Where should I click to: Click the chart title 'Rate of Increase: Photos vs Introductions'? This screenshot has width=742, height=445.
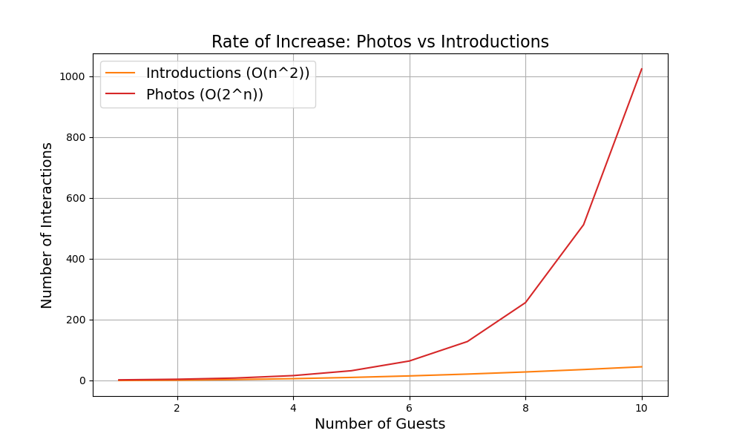(x=380, y=42)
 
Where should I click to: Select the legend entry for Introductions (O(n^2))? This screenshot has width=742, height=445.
(x=227, y=73)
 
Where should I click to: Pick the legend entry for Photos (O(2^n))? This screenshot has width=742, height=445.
(x=204, y=94)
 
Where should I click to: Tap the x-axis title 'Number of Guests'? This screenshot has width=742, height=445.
(x=380, y=424)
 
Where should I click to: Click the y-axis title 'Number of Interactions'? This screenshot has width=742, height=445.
(x=47, y=225)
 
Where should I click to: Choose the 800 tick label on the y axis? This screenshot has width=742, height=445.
(x=76, y=137)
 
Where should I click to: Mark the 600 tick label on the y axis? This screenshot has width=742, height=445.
(x=76, y=198)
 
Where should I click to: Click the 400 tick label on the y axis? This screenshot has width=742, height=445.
(x=76, y=259)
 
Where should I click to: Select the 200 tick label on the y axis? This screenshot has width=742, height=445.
(x=76, y=320)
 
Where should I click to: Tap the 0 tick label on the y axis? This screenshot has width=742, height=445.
(x=83, y=380)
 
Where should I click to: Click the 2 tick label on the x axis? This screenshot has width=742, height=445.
(x=177, y=407)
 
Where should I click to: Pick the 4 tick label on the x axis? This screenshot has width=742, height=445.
(x=293, y=407)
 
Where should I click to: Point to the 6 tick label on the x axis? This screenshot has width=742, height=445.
(x=410, y=407)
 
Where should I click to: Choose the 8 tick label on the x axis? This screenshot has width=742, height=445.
(x=525, y=407)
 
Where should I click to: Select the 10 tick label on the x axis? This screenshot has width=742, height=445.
(x=642, y=407)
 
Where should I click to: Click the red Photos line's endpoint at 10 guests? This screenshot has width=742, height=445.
(x=642, y=69)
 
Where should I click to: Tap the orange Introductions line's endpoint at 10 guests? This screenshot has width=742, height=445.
(x=642, y=366)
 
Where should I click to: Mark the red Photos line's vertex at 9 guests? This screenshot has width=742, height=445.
(x=584, y=225)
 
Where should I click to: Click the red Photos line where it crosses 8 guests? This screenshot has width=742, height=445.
(x=525, y=303)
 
